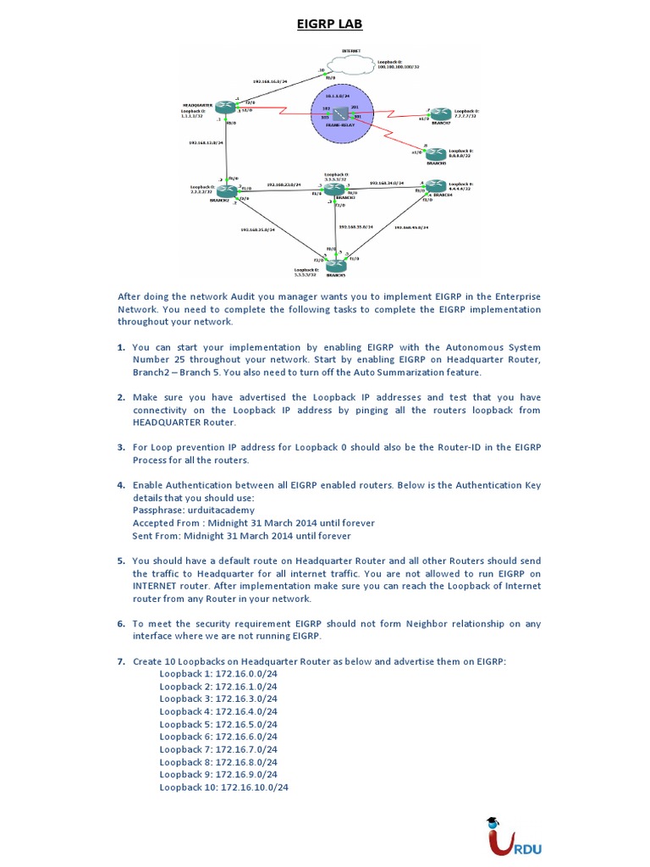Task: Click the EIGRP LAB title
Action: (x=329, y=24)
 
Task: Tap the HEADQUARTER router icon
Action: (x=223, y=108)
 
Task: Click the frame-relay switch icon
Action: (x=340, y=113)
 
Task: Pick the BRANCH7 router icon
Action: (x=438, y=114)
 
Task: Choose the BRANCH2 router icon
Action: (x=226, y=192)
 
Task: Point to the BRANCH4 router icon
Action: (x=433, y=190)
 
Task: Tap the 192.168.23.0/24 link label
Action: (x=284, y=184)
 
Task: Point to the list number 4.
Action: (x=121, y=485)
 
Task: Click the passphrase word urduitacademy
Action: (x=220, y=511)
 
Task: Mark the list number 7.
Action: (x=121, y=661)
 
